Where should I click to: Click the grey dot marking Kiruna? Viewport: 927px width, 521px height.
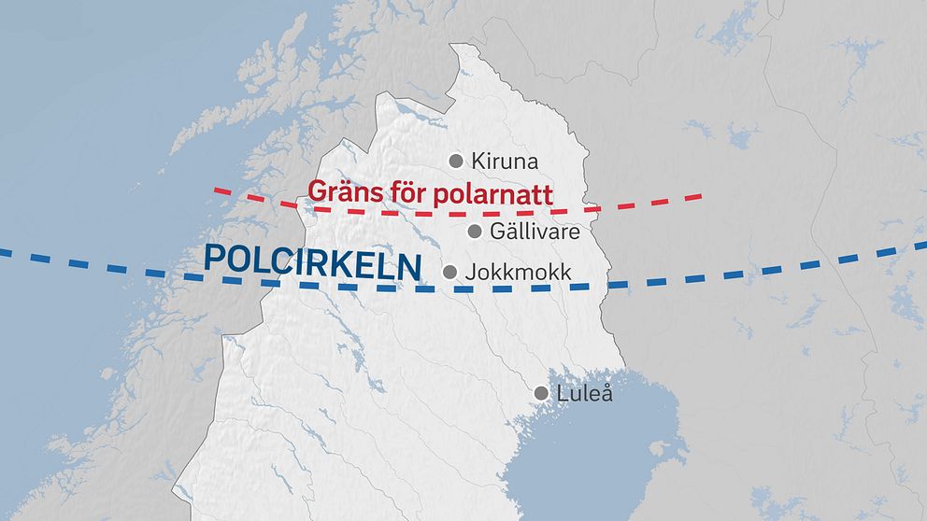pos(456,161)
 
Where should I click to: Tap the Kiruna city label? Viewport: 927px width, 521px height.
pos(505,161)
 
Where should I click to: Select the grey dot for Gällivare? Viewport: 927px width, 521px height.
pos(474,231)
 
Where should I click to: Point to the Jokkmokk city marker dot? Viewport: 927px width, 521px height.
pos(449,272)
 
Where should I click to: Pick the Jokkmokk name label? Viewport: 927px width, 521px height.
pos(519,272)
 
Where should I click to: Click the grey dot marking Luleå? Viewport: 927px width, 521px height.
pos(541,393)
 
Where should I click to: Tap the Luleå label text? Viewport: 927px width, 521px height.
pos(585,393)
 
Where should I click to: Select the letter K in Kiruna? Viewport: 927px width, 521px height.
pos(478,161)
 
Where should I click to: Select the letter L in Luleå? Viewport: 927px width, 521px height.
pos(563,393)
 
